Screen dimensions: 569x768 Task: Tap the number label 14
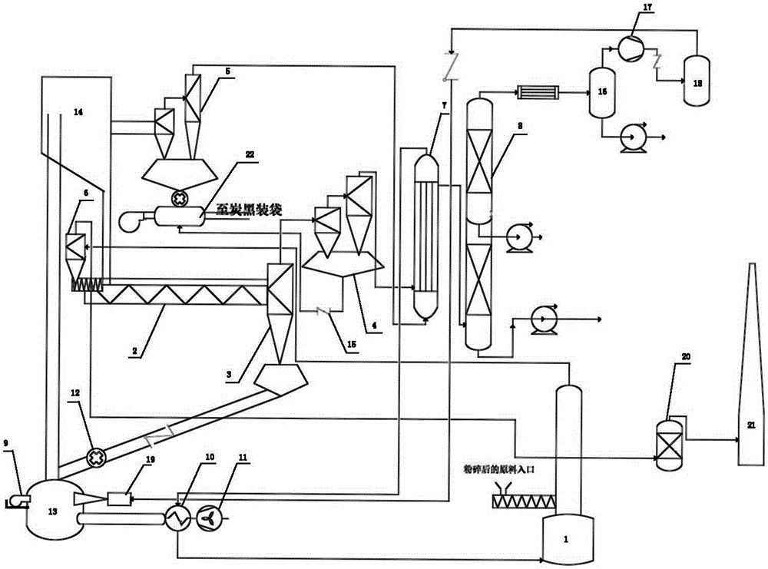pyautogui.click(x=78, y=112)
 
